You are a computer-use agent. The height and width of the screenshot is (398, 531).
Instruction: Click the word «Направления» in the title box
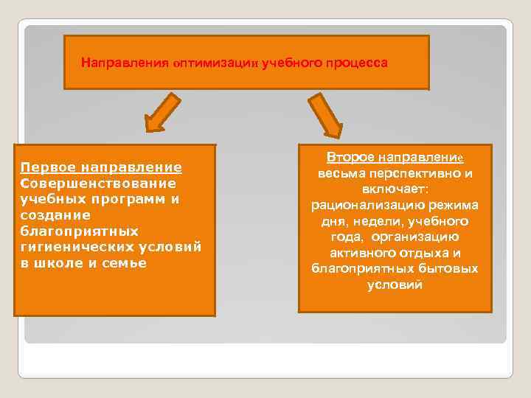point(125,63)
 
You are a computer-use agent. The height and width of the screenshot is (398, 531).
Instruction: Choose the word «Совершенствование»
point(98,183)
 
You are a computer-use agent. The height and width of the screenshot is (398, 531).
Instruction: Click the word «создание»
point(55,215)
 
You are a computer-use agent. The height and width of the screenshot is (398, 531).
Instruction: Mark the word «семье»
point(125,264)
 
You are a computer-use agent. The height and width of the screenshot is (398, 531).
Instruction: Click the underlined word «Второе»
point(350,157)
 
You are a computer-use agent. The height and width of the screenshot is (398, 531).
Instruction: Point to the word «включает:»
point(395,189)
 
